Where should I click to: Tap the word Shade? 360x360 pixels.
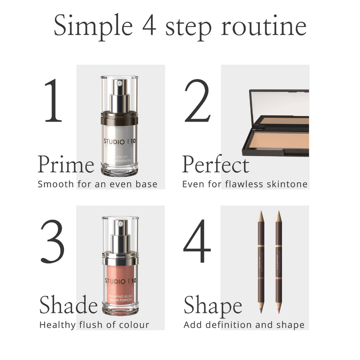click(x=68, y=305)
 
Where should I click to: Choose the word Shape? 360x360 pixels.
click(x=213, y=306)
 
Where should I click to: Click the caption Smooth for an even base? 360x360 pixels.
click(x=97, y=184)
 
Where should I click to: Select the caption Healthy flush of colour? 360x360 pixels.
click(x=94, y=325)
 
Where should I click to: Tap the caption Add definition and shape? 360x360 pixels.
click(x=244, y=325)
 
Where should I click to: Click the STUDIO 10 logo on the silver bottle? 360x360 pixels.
click(x=119, y=142)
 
